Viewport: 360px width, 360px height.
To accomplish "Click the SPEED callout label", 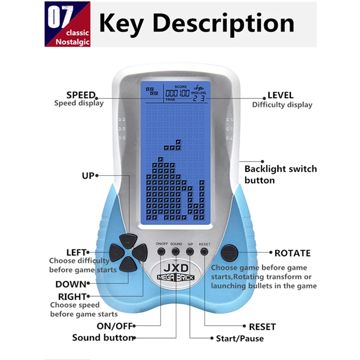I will [81, 95].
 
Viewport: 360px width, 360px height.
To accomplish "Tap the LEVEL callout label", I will [280, 95].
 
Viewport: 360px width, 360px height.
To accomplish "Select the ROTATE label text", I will [292, 253].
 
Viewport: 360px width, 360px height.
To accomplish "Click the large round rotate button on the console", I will [229, 252].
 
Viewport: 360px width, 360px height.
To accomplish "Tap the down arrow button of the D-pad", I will [127, 265].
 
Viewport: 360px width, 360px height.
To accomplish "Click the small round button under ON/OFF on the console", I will [161, 252].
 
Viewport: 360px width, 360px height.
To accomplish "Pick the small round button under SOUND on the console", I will [176, 252].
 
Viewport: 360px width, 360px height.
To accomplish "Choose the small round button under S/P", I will [190, 252].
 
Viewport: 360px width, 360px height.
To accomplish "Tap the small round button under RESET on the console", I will [205, 252].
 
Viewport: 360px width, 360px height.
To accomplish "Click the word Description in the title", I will [227, 23].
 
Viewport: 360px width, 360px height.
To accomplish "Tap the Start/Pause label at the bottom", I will [240, 338].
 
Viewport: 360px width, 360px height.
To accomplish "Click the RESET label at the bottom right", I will [262, 327].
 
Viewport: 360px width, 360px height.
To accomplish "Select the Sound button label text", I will [103, 337].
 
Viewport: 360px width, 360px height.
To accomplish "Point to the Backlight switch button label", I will [280, 175].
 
